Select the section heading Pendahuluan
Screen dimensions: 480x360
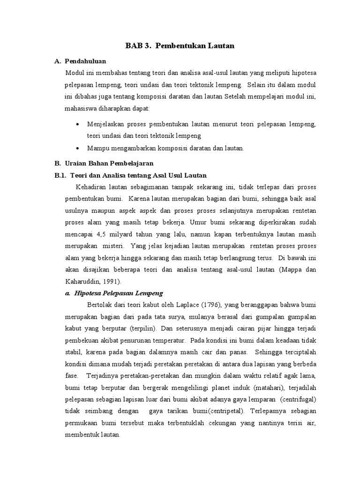click(86, 61)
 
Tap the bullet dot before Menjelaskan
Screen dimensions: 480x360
click(77, 125)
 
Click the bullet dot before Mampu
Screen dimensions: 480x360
click(77, 148)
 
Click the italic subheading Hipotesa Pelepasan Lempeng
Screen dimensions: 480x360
click(118, 293)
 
